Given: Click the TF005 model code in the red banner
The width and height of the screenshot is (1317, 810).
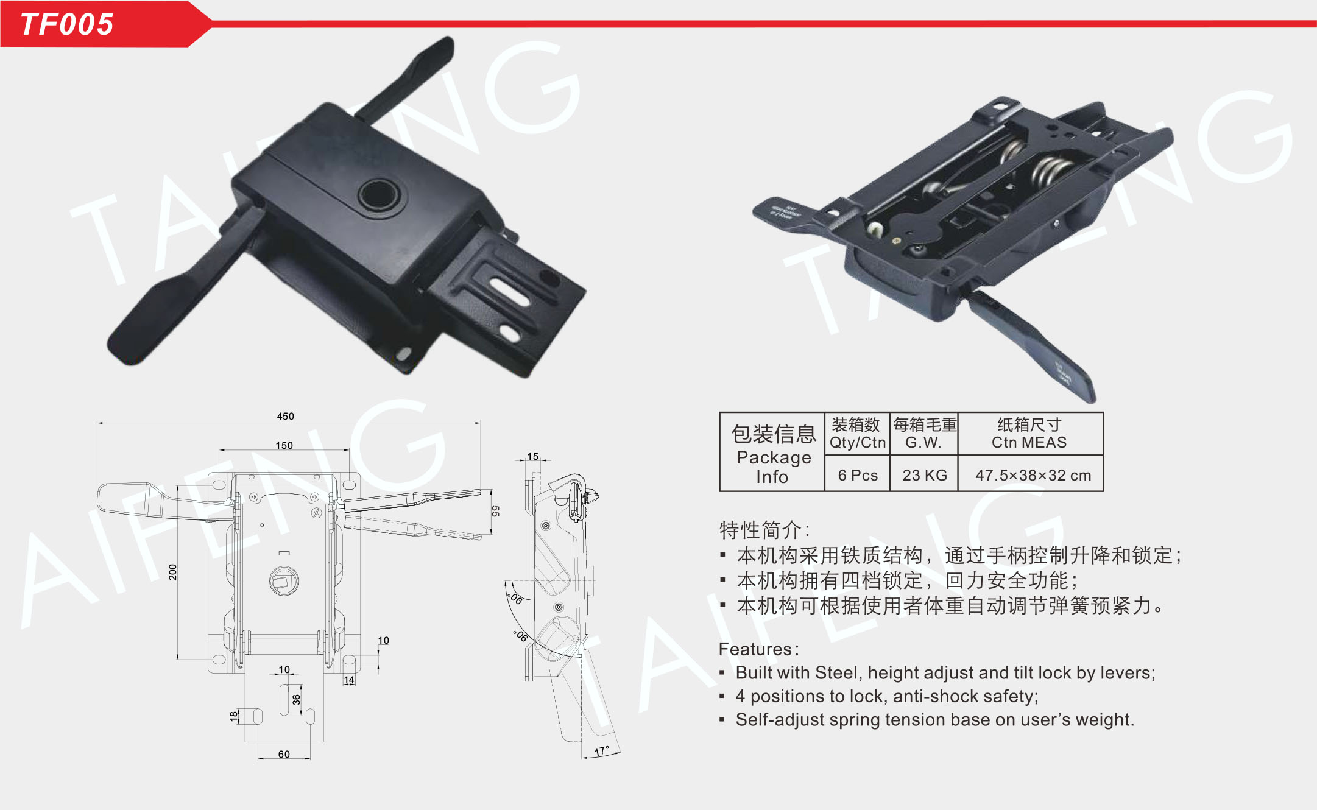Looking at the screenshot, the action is pyautogui.click(x=67, y=24).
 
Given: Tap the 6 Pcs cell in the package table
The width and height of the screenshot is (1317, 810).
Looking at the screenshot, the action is pyautogui.click(x=858, y=475).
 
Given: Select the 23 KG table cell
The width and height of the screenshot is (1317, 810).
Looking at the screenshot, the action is pyautogui.click(x=925, y=475).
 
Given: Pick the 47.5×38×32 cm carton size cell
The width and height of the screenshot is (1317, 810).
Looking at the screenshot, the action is pyautogui.click(x=1033, y=475).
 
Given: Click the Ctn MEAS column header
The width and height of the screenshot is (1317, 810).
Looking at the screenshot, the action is pyautogui.click(x=1029, y=443).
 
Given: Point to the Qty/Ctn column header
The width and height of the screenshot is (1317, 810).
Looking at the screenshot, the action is pyautogui.click(x=858, y=443).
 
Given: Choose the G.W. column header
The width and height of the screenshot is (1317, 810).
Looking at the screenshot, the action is pyautogui.click(x=923, y=443).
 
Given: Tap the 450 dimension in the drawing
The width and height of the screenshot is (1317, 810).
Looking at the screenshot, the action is pyautogui.click(x=285, y=416).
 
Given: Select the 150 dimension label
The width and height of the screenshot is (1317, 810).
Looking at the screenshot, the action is pyautogui.click(x=284, y=445).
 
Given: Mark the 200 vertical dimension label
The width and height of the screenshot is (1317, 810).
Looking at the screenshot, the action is pyautogui.click(x=173, y=572).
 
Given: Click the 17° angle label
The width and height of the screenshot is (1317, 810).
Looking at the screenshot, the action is pyautogui.click(x=602, y=751).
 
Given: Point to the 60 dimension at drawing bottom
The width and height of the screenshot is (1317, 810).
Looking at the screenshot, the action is pyautogui.click(x=284, y=754).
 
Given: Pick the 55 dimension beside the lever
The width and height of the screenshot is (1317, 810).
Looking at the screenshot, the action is pyautogui.click(x=495, y=511).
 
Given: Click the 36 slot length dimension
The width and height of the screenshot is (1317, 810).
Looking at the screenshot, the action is pyautogui.click(x=296, y=700).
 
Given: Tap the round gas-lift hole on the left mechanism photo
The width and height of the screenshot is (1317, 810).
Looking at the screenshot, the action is pyautogui.click(x=379, y=195).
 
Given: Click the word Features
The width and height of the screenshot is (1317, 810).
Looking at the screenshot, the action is pyautogui.click(x=755, y=649).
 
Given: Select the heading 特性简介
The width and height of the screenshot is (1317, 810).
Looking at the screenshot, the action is pyautogui.click(x=760, y=529).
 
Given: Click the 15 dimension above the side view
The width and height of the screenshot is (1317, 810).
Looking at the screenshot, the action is pyautogui.click(x=533, y=456).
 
